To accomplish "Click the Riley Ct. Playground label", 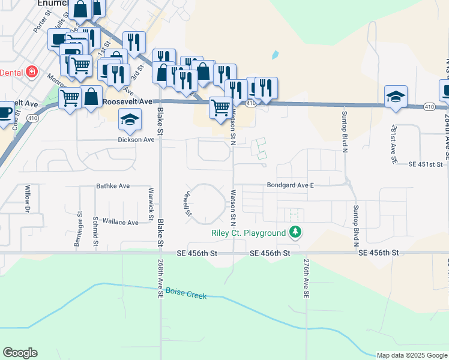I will coord(248,233).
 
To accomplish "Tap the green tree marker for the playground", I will coord(295,232).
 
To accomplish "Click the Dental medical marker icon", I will coord(32,73).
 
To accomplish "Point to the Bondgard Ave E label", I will coord(286,186).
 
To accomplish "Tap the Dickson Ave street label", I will coord(136,139).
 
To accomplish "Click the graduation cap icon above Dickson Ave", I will coord(129,120).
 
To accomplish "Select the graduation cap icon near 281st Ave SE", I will coord(396,97).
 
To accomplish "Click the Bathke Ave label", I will coord(113,187).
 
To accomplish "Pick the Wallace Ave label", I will coord(121,222).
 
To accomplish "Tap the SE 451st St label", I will coord(425,164).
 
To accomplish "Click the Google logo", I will coord(20,353).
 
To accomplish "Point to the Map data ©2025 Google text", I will coord(412,355).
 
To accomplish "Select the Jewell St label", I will coord(187,203).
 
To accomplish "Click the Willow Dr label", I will coord(27,200).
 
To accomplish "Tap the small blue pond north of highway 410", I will coord(274,55).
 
